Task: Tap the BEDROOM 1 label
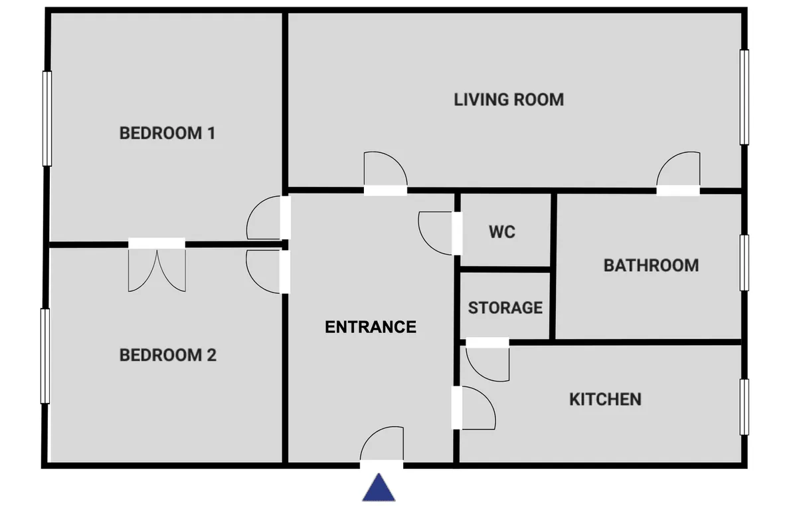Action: [167, 133]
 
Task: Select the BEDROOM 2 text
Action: [167, 355]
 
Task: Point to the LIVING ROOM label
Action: [509, 100]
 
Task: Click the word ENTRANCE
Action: [371, 327]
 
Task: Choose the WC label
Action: [502, 232]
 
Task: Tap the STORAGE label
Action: [505, 308]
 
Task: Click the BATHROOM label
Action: [651, 265]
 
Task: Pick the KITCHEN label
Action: [605, 399]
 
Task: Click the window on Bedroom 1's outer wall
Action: [47, 118]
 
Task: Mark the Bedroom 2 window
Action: [45, 356]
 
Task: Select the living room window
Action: [744, 97]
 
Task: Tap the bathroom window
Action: [744, 263]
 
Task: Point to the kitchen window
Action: [744, 407]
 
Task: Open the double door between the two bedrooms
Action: [157, 265]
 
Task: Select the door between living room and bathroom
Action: [678, 174]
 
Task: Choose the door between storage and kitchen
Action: [487, 360]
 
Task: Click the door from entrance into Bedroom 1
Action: [268, 217]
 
